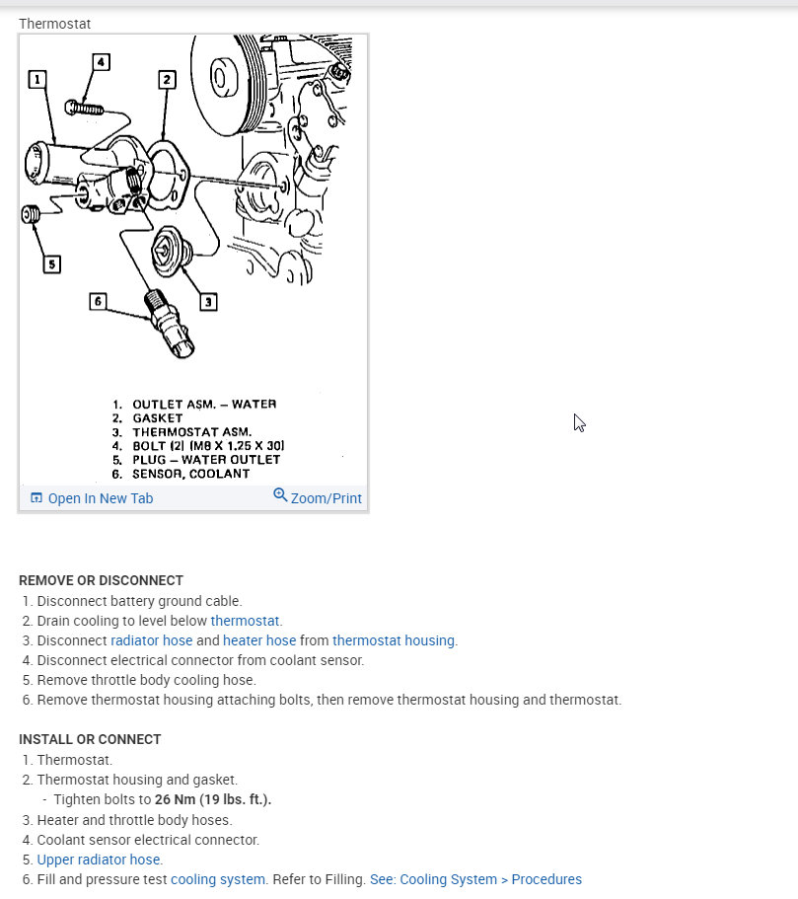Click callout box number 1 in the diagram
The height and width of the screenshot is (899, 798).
(x=37, y=79)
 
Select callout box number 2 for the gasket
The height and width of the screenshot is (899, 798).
(x=167, y=79)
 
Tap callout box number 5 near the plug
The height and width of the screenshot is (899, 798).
(x=51, y=263)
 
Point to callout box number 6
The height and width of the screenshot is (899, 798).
(x=97, y=301)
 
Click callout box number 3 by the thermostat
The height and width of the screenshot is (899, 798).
(x=208, y=301)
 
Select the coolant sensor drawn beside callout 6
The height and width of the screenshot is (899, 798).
(x=169, y=320)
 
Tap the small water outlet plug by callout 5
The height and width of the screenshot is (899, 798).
(x=31, y=214)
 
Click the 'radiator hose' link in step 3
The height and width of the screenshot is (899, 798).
(x=151, y=640)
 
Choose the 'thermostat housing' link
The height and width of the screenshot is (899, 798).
(x=393, y=640)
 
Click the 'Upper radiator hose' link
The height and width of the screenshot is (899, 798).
(x=99, y=860)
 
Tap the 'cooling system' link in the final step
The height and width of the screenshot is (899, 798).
(x=217, y=879)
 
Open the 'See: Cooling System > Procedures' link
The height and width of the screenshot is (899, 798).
(x=475, y=879)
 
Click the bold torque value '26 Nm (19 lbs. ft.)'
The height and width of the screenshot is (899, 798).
(x=212, y=799)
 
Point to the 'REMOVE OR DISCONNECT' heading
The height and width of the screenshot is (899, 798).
(x=101, y=580)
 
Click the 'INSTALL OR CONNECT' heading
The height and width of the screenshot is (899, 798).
(x=90, y=739)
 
